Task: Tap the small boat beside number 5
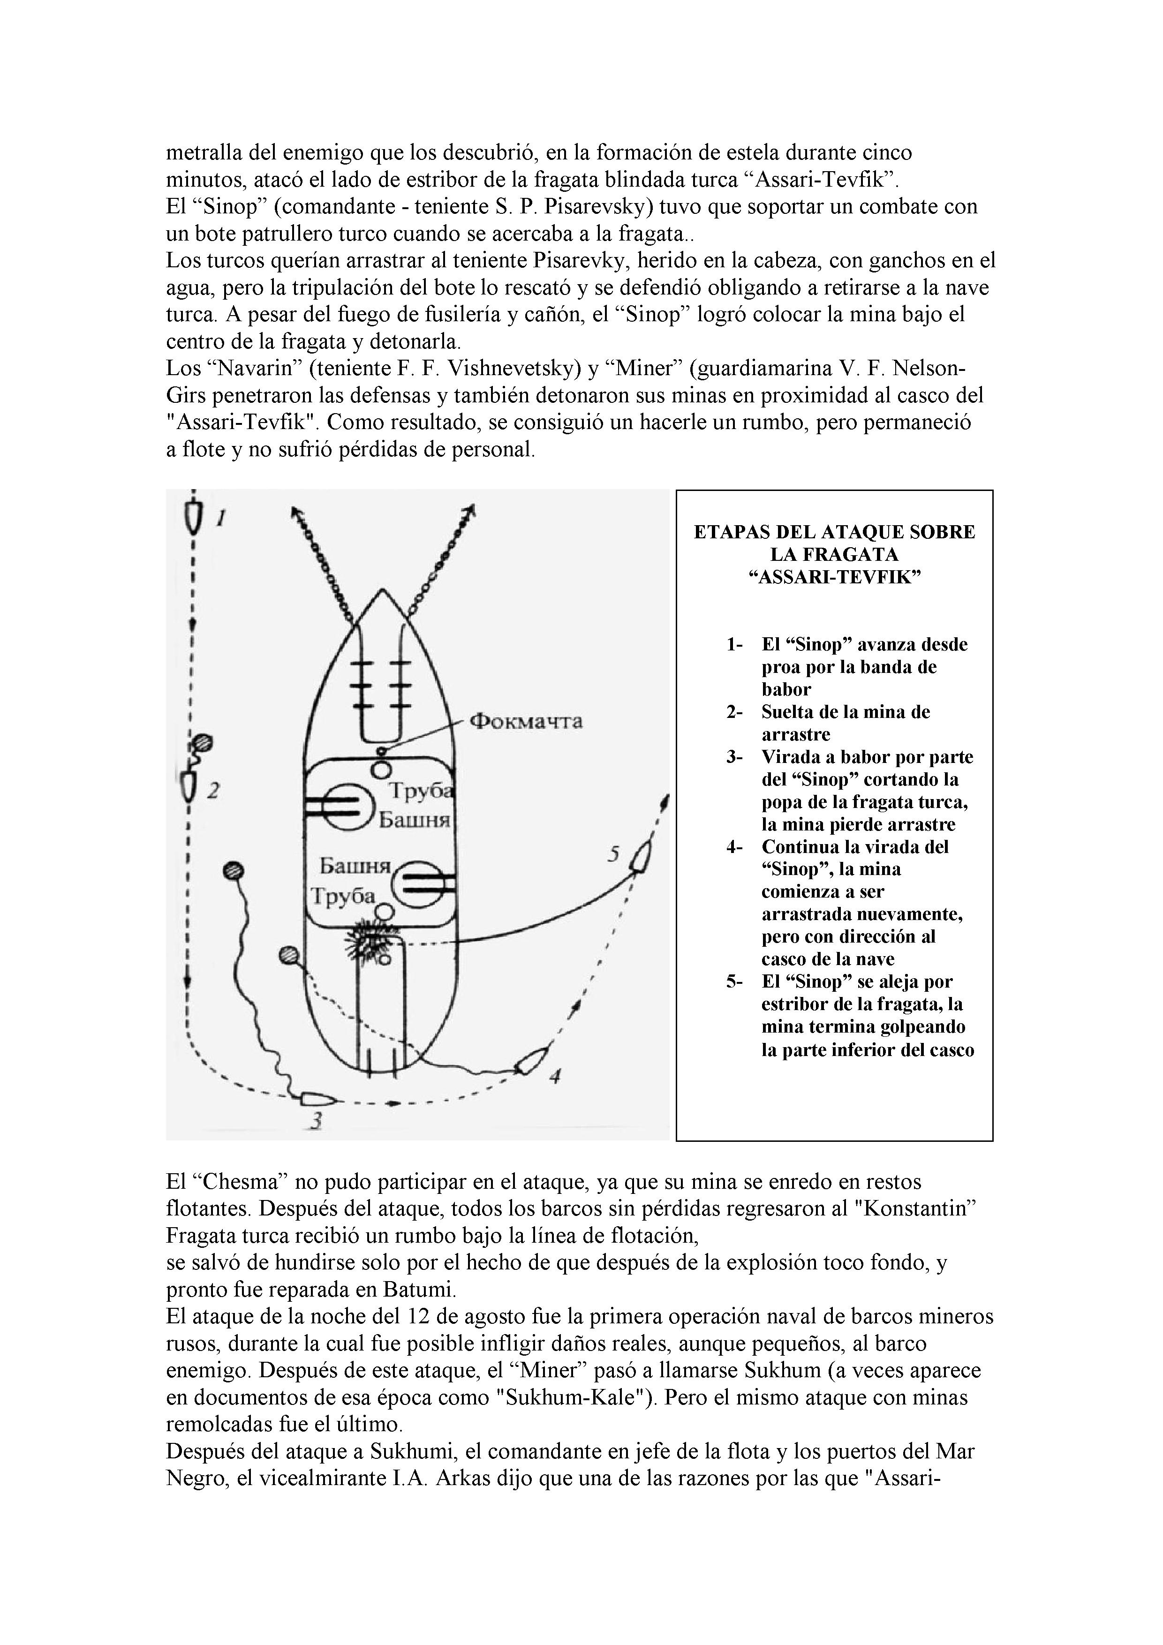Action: point(641,856)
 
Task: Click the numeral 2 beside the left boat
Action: point(213,791)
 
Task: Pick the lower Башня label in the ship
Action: point(354,867)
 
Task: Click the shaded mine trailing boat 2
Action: point(203,742)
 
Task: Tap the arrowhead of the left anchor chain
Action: point(295,513)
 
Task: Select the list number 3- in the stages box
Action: point(734,757)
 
